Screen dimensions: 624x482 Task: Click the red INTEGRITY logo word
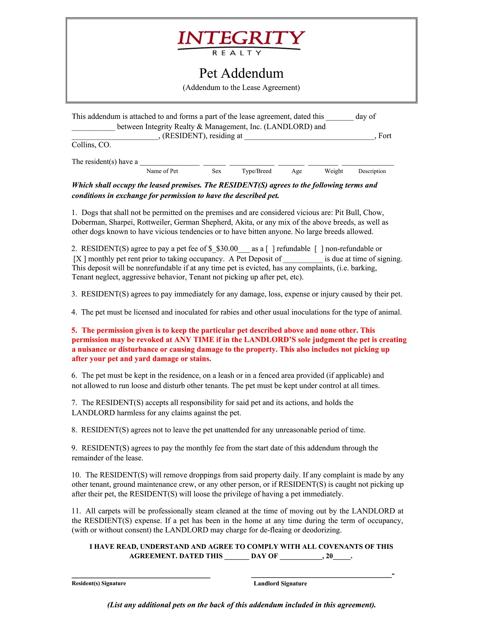click(241, 38)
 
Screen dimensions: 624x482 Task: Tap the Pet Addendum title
click(241, 73)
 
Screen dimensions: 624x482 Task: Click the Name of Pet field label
click(162, 171)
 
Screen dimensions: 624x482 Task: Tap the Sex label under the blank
click(216, 171)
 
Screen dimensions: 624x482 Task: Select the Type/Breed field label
click(256, 171)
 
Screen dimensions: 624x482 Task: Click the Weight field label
click(333, 171)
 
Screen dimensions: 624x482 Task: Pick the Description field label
click(372, 171)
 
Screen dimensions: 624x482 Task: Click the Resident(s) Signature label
click(98, 583)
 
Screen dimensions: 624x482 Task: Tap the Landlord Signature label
click(280, 583)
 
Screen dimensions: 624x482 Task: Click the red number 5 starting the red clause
click(74, 330)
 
